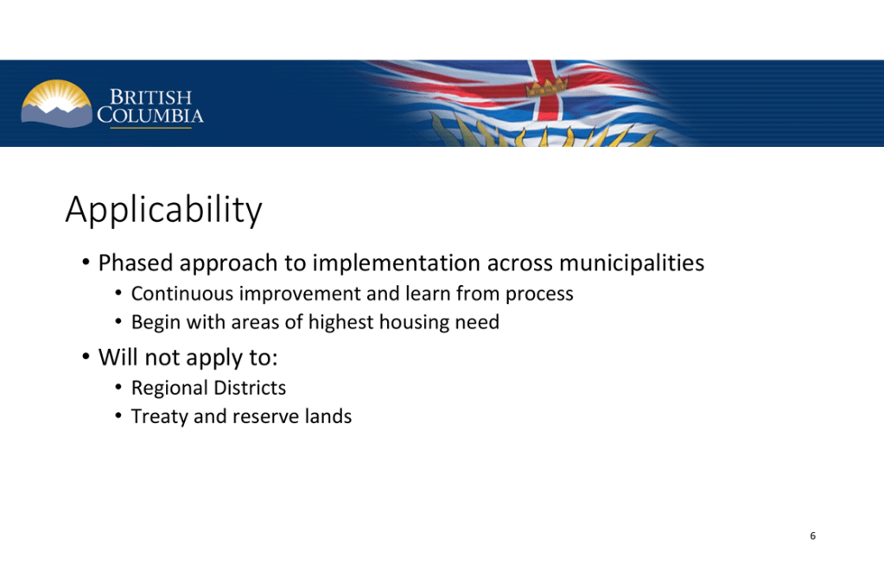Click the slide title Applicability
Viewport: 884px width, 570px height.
tap(163, 210)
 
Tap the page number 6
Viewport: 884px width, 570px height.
tap(812, 535)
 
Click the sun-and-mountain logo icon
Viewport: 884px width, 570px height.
tap(56, 104)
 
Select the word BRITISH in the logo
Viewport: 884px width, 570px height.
tap(150, 97)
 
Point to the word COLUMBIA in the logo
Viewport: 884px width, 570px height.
tap(150, 116)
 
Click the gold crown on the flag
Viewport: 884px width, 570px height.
tap(547, 86)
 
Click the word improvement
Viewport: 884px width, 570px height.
tap(302, 294)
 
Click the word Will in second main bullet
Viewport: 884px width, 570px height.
tap(118, 357)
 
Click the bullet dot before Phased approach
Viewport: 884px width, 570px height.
tap(86, 262)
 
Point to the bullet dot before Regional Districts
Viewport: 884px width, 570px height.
tap(118, 387)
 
